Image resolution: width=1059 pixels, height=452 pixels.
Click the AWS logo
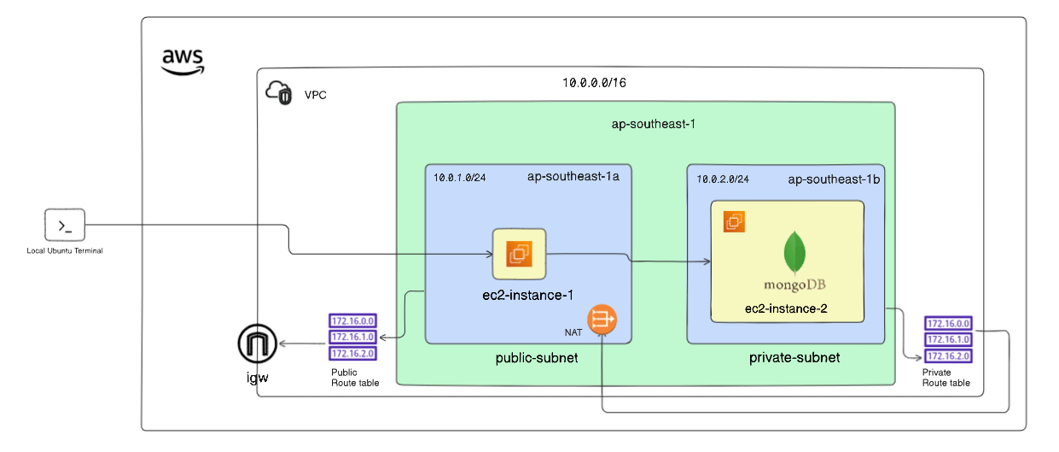(183, 61)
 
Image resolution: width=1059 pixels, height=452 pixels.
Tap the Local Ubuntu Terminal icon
(65, 226)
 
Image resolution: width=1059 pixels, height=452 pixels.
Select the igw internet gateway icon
(257, 344)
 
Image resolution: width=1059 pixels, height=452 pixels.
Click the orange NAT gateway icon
(602, 320)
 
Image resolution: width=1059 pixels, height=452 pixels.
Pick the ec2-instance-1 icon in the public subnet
(519, 254)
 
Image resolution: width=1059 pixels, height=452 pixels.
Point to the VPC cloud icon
(279, 93)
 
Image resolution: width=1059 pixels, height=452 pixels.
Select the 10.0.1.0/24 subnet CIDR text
(461, 179)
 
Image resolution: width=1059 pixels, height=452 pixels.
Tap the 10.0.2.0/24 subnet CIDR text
(723, 179)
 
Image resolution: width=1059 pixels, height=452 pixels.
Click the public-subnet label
(537, 357)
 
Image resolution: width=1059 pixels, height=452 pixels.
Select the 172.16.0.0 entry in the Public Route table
(352, 321)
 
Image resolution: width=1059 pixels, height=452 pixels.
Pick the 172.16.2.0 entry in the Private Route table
(947, 355)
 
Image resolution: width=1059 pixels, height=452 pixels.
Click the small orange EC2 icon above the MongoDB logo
(734, 222)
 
